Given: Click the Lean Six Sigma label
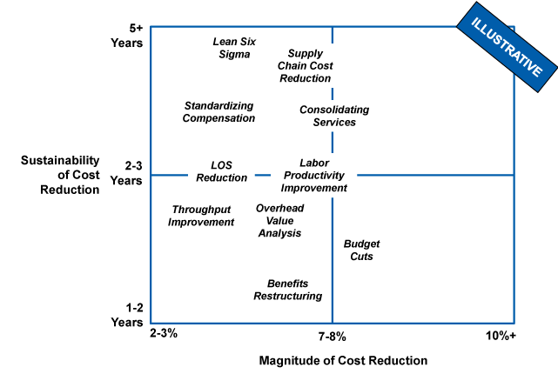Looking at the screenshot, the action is (234, 48).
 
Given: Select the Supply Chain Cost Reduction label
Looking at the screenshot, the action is (305, 66).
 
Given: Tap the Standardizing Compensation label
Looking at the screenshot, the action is (218, 112).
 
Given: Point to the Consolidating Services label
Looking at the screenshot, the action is (334, 116).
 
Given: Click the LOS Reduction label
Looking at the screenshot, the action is (221, 171).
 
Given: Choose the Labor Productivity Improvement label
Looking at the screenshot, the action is (314, 176).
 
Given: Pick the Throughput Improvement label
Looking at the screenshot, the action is (201, 216).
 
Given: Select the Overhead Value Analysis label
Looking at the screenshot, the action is (279, 221).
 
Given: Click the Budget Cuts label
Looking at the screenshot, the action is (361, 250).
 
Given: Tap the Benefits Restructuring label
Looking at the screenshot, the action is (287, 290).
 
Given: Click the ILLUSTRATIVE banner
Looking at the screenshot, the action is (508, 47).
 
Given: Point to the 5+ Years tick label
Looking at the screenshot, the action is (127, 36).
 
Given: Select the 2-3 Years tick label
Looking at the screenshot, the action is (126, 173).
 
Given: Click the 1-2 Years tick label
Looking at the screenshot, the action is (127, 315).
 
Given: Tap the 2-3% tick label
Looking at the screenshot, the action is (164, 333).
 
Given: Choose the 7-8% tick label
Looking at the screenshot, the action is (332, 337).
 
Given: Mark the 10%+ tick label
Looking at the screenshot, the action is (501, 336).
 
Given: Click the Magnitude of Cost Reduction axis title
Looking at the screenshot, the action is (343, 360).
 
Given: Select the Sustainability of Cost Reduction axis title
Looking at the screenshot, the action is (60, 175).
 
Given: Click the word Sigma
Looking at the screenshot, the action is (234, 55).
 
